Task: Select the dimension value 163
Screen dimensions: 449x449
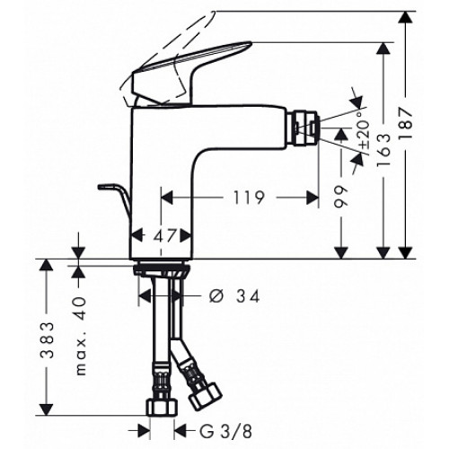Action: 383,150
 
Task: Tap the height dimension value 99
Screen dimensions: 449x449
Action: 341,197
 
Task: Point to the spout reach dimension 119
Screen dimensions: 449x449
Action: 249,198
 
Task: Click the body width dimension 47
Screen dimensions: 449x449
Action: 164,236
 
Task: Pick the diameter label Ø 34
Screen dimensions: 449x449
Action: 234,296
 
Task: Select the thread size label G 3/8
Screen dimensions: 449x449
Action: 225,432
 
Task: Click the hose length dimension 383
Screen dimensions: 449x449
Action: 47,340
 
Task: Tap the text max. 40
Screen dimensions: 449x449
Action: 80,336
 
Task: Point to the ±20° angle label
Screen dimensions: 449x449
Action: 365,131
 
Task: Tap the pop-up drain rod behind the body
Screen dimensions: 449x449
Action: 115,200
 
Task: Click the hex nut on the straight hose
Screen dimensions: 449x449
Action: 162,407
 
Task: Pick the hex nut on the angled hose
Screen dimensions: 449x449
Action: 206,397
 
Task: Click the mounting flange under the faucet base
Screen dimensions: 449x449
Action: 162,268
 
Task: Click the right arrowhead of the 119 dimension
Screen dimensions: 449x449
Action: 313,198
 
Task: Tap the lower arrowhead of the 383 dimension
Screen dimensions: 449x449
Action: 47,409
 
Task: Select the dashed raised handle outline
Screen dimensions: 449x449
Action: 168,57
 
